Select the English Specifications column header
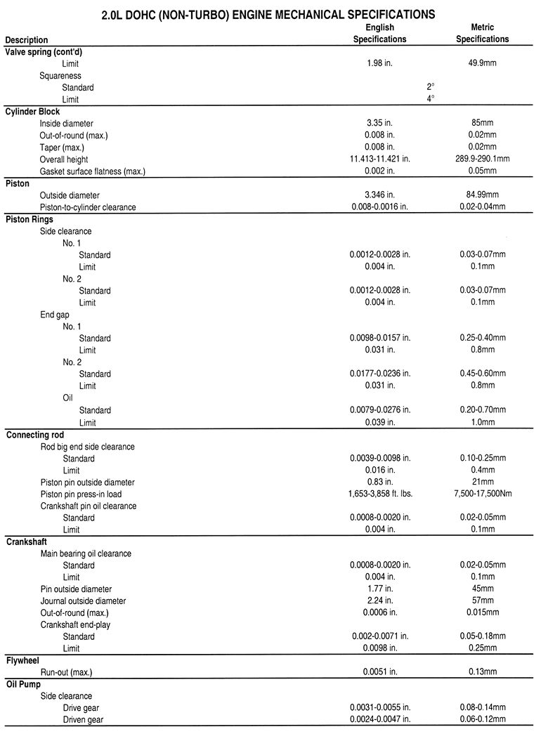click(x=379, y=34)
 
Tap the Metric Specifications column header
click(x=482, y=34)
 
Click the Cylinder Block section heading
click(x=32, y=112)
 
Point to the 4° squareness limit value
click(x=431, y=99)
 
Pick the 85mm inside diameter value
click(x=482, y=124)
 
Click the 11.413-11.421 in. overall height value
click(x=379, y=159)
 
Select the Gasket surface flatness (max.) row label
click(x=92, y=171)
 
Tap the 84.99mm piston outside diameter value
click(x=482, y=195)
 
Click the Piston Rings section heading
click(x=30, y=219)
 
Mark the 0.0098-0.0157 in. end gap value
click(x=379, y=339)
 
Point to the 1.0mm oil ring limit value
click(x=482, y=423)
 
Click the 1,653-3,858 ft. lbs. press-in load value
click(x=379, y=494)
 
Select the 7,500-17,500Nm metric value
click(x=482, y=494)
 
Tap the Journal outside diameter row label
click(x=83, y=601)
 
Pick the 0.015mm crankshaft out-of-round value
click(x=482, y=612)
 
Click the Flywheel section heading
click(x=23, y=661)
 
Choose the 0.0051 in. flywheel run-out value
click(x=379, y=673)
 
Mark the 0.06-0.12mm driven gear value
click(x=482, y=720)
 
